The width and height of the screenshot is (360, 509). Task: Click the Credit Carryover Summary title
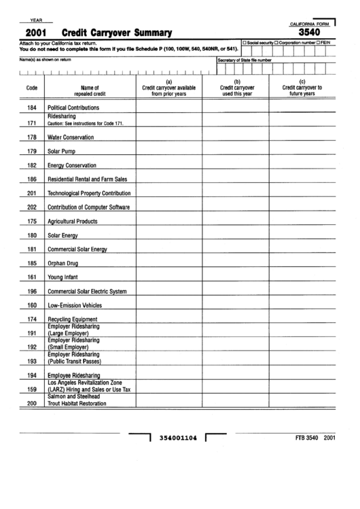click(116, 33)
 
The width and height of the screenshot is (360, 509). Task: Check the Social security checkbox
click(245, 43)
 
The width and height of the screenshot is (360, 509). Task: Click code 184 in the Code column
click(31, 108)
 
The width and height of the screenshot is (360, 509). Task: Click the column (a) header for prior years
click(168, 88)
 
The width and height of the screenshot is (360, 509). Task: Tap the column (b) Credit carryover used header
click(237, 88)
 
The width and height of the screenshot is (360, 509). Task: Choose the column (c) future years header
click(302, 88)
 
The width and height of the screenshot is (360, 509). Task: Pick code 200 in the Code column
click(31, 404)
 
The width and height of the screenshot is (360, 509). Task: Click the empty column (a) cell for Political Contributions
click(168, 108)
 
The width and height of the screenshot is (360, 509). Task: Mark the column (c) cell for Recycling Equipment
click(302, 319)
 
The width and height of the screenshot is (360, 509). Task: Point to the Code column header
click(31, 88)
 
